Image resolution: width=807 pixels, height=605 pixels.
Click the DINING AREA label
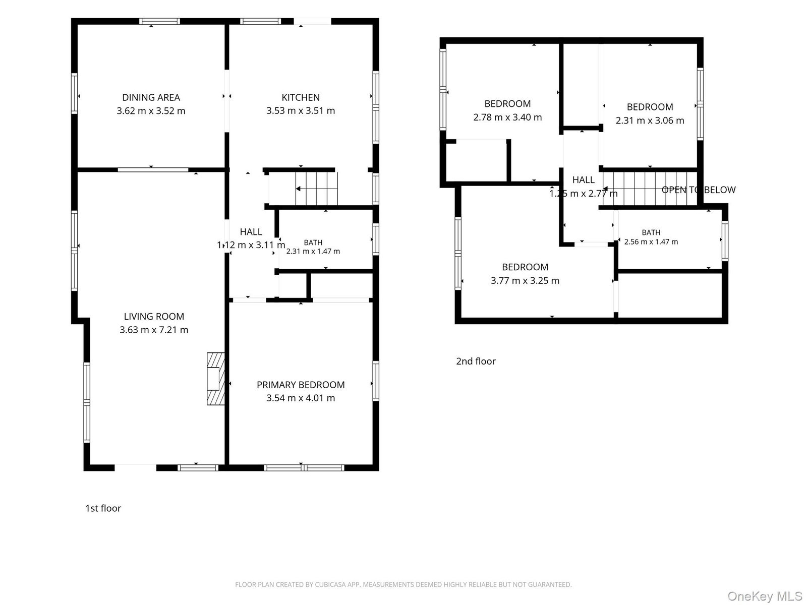pyautogui.click(x=151, y=97)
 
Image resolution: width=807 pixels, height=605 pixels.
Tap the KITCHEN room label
pyautogui.click(x=301, y=97)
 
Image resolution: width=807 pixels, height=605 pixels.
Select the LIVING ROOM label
pyautogui.click(x=154, y=316)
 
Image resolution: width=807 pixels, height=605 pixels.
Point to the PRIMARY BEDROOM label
pyautogui.click(x=301, y=385)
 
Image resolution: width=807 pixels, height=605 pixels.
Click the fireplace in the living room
pyautogui.click(x=216, y=379)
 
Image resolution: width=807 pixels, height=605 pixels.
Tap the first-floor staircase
pyautogui.click(x=317, y=189)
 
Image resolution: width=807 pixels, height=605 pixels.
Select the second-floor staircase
pyautogui.click(x=650, y=189)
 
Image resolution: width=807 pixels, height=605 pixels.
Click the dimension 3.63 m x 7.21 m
pyautogui.click(x=154, y=330)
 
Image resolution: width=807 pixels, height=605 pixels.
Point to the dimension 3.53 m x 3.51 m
pyautogui.click(x=301, y=110)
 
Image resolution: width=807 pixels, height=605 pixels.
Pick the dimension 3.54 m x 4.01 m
pyautogui.click(x=301, y=398)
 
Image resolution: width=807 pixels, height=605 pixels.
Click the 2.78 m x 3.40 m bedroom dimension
pyautogui.click(x=507, y=117)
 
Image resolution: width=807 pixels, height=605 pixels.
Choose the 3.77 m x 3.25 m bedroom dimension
pyautogui.click(x=525, y=281)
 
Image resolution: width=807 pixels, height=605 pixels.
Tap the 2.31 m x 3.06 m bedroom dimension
pyautogui.click(x=650, y=120)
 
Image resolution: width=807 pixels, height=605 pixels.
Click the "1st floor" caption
pyautogui.click(x=103, y=508)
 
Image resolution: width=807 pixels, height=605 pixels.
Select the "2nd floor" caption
pyautogui.click(x=476, y=361)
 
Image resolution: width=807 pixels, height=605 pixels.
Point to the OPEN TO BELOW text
pyautogui.click(x=699, y=190)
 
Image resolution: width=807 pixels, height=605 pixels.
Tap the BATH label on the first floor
pyautogui.click(x=313, y=243)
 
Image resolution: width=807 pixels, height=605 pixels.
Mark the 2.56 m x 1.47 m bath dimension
pyautogui.click(x=651, y=241)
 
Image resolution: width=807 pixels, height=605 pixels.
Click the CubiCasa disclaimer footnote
pyautogui.click(x=403, y=584)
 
